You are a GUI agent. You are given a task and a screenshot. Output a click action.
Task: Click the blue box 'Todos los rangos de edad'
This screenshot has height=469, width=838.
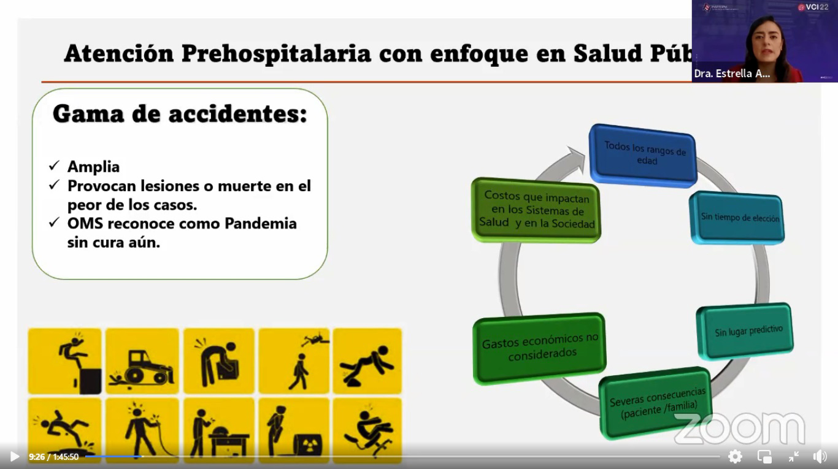pos(643,155)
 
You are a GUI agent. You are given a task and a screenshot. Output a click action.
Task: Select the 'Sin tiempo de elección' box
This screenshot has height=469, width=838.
pos(737,218)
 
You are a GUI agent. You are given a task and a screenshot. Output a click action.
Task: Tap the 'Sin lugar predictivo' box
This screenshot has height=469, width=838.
pos(745,332)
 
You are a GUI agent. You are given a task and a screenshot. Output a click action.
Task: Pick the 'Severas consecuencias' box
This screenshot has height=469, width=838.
pos(655,403)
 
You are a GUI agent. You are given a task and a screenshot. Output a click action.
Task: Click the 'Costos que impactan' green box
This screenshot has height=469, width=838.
pos(536,210)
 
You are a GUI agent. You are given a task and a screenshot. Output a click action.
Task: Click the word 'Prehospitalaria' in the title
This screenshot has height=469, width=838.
pos(276,54)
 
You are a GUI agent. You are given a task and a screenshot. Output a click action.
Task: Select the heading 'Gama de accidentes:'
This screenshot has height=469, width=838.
pos(180,113)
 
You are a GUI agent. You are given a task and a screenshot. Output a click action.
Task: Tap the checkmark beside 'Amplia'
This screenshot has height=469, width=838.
pos(54,166)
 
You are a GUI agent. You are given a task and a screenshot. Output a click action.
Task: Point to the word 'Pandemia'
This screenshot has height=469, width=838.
pos(260,223)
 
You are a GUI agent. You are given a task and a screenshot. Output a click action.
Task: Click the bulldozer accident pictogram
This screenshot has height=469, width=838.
pos(142,361)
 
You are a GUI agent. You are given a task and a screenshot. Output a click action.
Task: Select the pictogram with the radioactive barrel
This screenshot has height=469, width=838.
pos(294,431)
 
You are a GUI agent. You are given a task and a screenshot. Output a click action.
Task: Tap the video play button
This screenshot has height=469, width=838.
pos(15,456)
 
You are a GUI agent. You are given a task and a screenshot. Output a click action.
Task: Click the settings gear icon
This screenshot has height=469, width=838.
pos(735,456)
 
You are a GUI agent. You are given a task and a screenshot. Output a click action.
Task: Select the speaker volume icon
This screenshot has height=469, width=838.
pos(820,457)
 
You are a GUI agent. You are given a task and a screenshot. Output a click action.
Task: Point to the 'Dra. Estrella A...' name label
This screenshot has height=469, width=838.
pos(732,74)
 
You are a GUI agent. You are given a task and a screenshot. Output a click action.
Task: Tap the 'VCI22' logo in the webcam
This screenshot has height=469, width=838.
pos(813,7)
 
